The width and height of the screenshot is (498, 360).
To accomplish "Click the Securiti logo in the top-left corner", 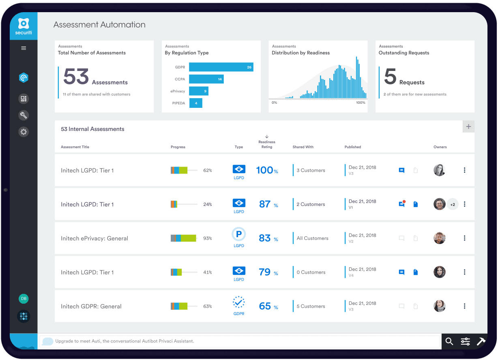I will (x=24, y=26).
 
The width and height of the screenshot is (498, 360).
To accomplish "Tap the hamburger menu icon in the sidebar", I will (x=24, y=48).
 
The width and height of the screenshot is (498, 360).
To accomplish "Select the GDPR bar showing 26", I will (x=221, y=67).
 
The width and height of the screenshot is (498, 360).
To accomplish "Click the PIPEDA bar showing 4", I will (x=195, y=103).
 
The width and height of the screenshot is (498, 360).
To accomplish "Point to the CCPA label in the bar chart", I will (x=180, y=79).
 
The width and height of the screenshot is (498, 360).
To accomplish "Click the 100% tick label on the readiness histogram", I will (x=360, y=103).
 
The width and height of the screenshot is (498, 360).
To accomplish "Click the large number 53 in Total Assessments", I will (x=76, y=77).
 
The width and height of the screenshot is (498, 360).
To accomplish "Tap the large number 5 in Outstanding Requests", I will (x=390, y=77).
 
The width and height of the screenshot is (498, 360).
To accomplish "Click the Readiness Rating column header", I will (x=267, y=144).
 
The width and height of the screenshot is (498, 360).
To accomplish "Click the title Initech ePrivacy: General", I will (x=94, y=238).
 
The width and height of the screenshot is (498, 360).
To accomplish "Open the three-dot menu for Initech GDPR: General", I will (x=464, y=306).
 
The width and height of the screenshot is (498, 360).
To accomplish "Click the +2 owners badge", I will (x=453, y=204).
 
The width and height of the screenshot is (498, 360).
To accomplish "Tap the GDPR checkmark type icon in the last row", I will (x=239, y=302).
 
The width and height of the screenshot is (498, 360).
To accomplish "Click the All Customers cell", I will (x=312, y=238).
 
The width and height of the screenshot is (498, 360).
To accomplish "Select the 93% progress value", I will (x=207, y=238).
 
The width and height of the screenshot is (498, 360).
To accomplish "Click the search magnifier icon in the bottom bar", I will (x=449, y=341).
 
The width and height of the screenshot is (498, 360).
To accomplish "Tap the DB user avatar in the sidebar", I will (x=24, y=299).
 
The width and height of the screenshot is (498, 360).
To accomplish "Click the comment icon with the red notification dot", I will (x=401, y=204).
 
